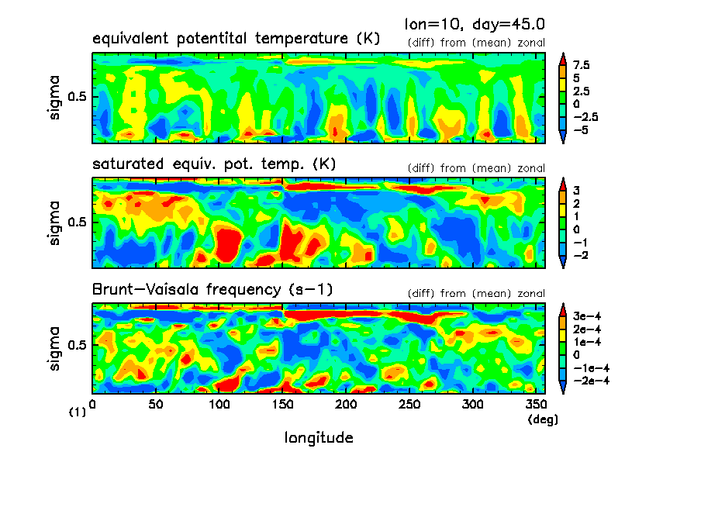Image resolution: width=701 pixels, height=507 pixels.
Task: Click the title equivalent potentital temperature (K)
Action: [236, 39]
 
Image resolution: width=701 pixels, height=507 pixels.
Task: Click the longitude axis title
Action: [319, 438]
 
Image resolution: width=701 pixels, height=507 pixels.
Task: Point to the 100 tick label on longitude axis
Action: [219, 405]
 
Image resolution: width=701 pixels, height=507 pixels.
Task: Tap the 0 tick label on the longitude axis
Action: [93, 405]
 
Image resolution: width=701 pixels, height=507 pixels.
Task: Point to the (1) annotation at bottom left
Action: [78, 413]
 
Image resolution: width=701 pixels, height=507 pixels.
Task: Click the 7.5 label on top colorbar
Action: [582, 66]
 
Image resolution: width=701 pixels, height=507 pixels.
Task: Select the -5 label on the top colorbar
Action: [581, 129]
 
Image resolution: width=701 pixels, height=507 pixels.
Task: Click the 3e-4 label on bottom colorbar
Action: [586, 317]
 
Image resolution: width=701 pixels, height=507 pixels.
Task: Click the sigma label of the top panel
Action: [54, 98]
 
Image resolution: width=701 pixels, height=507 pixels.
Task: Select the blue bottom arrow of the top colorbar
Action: [564, 137]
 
